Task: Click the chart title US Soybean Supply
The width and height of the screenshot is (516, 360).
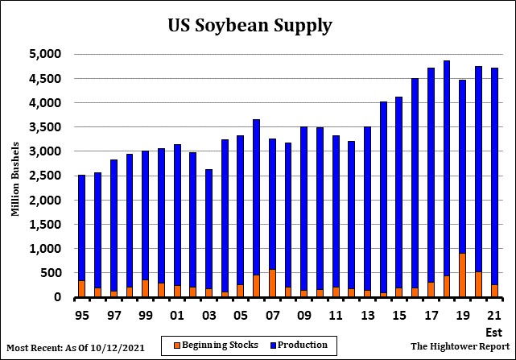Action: [250, 25]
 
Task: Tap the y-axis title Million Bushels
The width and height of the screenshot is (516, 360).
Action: [14, 176]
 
